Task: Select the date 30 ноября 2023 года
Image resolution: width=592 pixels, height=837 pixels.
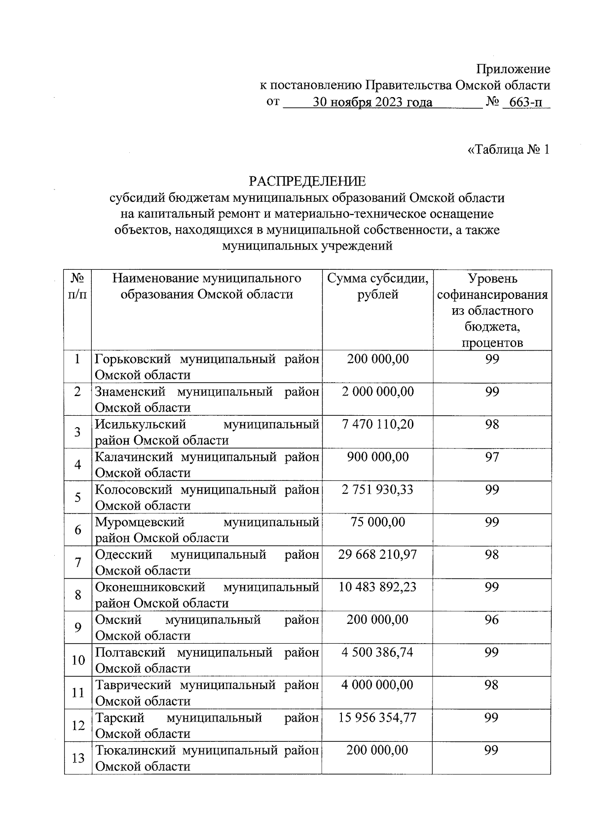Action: (372, 102)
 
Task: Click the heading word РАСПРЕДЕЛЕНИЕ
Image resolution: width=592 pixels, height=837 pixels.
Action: (307, 181)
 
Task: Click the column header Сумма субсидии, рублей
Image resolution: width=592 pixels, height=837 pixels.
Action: (377, 287)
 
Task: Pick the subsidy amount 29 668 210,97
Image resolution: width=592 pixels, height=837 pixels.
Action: (377, 554)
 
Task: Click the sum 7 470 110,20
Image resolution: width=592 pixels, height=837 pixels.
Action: (377, 424)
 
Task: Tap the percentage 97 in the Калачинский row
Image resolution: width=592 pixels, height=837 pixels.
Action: (492, 457)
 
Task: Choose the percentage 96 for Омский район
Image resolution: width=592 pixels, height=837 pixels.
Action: (491, 619)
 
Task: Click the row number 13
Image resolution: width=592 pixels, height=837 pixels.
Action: (78, 758)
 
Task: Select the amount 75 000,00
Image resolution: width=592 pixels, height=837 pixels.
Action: (377, 522)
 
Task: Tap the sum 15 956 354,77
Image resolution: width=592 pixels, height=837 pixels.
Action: (377, 717)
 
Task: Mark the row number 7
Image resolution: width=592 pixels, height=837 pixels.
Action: (78, 562)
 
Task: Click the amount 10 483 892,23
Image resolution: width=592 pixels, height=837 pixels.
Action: (377, 587)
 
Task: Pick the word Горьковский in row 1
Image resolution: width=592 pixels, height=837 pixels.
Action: (135, 359)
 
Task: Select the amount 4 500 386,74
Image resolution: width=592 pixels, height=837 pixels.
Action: (377, 652)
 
